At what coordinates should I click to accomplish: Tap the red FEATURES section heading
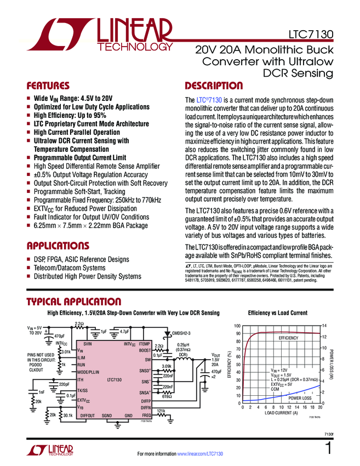click(48, 86)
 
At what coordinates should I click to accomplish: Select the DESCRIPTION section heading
click(214, 86)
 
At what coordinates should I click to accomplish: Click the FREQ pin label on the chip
click(146, 416)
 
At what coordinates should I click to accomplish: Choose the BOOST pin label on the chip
click(144, 350)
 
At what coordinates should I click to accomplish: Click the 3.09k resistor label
click(167, 366)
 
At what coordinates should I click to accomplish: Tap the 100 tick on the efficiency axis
click(237, 325)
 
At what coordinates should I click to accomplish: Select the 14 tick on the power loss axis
click(324, 325)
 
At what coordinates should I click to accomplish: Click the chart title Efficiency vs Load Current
click(278, 312)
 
